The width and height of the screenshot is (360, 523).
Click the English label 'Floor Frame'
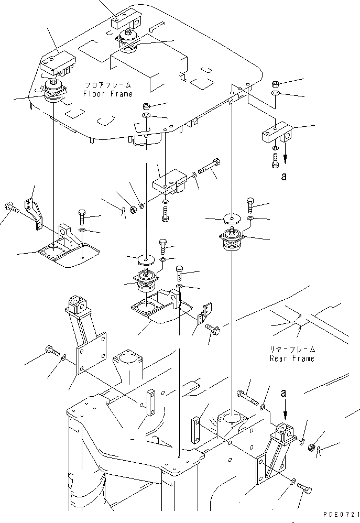point(108,94)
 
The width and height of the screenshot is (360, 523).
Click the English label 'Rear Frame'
point(292,358)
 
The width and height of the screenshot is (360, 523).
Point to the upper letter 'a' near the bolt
point(283,177)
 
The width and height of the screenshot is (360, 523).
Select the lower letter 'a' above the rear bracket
point(283,394)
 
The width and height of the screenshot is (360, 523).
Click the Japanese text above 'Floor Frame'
point(108,85)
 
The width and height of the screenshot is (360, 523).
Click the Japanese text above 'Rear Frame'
point(292,350)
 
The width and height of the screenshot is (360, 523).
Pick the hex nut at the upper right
point(276,83)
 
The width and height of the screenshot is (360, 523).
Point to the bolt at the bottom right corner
point(304,488)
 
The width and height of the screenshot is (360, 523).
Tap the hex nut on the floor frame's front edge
point(146,106)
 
